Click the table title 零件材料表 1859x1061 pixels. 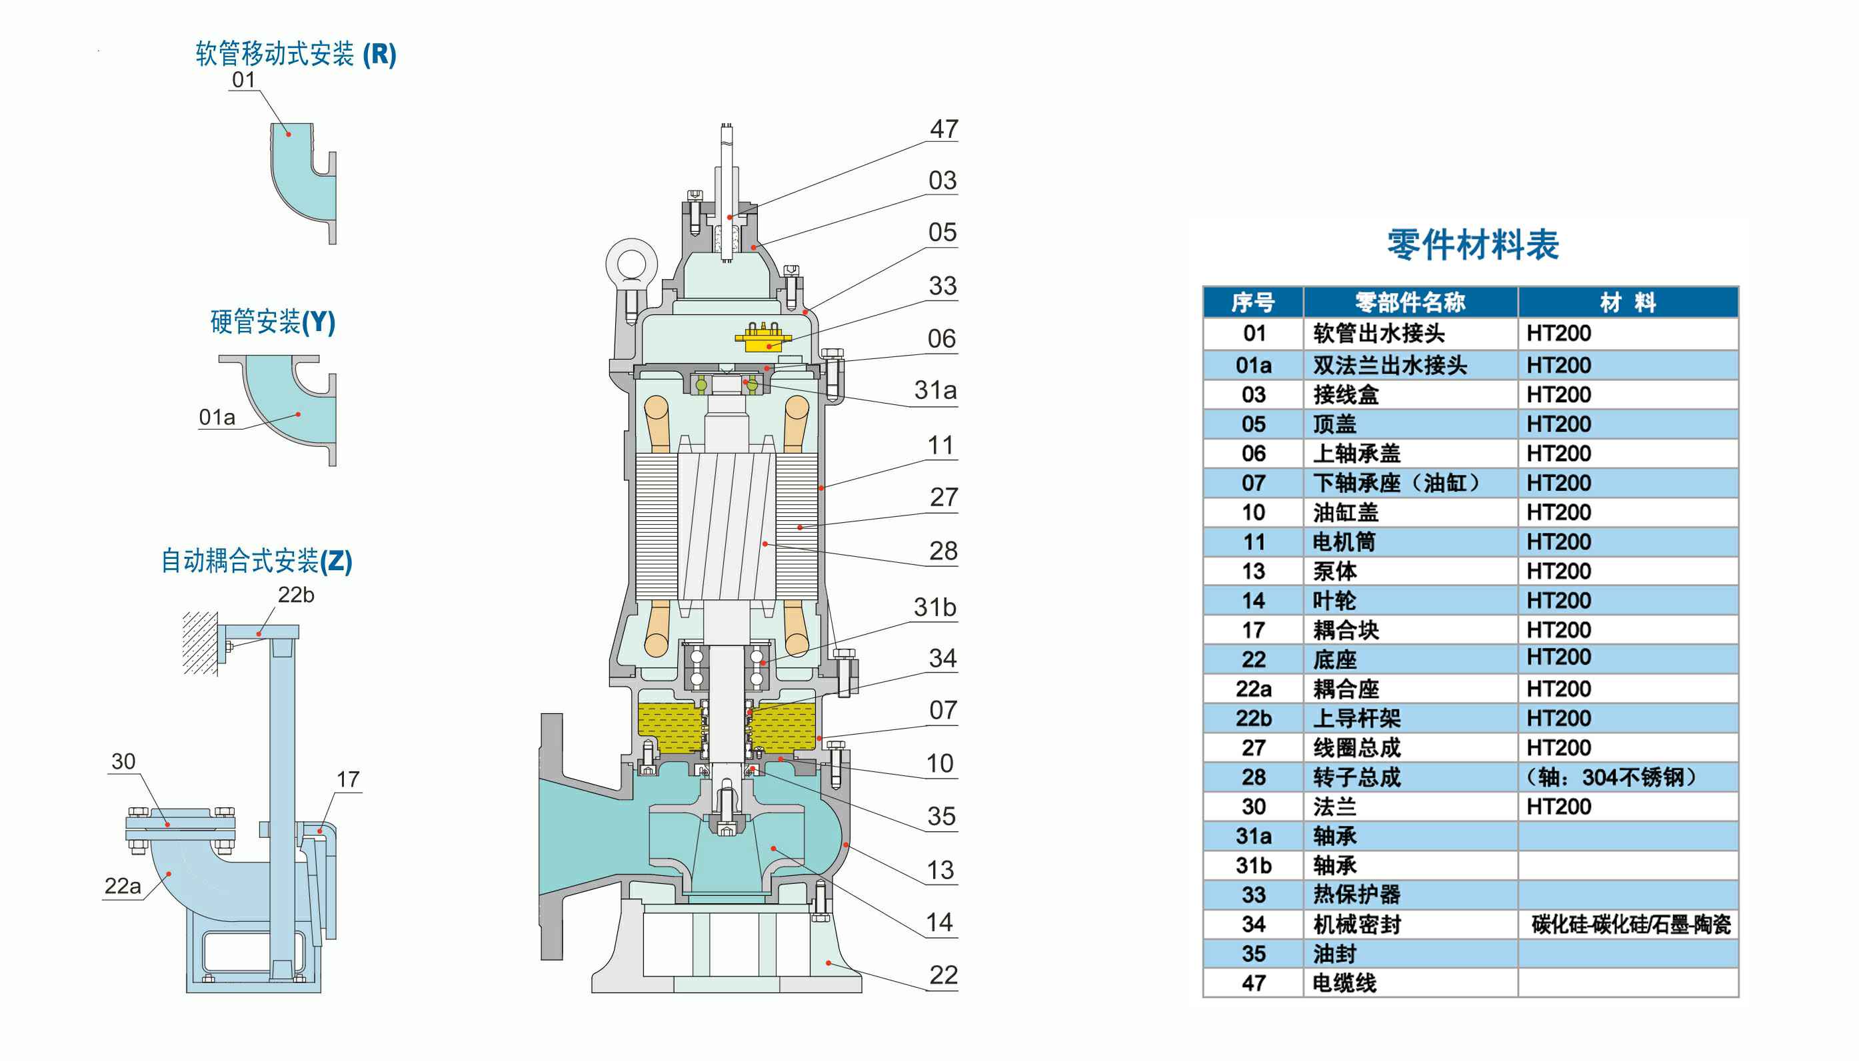coord(1472,244)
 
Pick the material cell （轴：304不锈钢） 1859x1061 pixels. coord(1611,777)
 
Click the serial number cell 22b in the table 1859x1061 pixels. coord(1253,719)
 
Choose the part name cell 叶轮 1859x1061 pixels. coord(1334,601)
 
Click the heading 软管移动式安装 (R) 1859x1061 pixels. coord(295,54)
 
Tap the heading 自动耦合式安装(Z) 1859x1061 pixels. coord(257,560)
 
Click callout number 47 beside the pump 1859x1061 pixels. coord(943,129)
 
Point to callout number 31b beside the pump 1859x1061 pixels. coord(934,607)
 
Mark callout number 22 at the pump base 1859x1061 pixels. coord(942,975)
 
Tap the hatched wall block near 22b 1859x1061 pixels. coord(199,643)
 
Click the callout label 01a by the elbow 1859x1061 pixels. coord(217,417)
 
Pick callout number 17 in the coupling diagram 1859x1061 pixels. coord(348,779)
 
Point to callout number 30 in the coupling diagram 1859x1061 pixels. coord(123,761)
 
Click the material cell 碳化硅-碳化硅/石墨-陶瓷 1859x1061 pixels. coord(1630,924)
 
